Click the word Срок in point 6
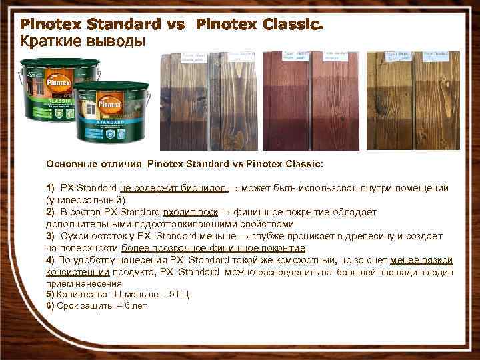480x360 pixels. coord(67,305)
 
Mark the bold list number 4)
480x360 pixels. coord(50,260)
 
